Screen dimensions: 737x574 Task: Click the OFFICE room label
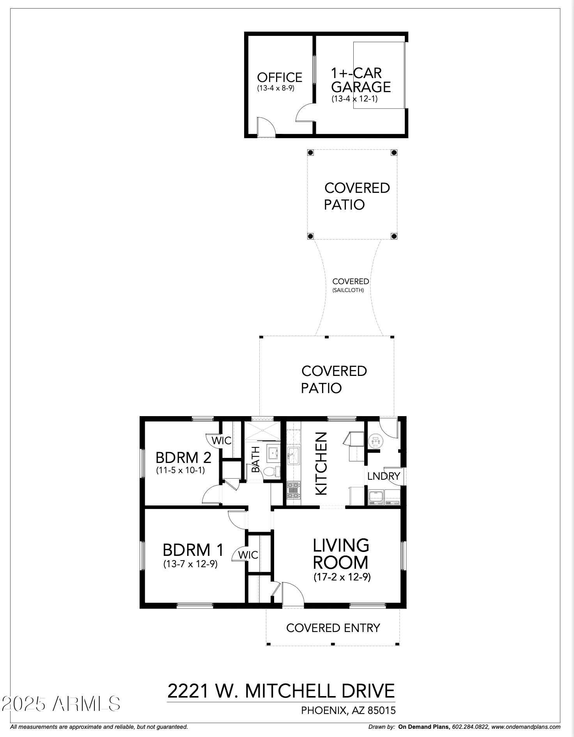pos(279,77)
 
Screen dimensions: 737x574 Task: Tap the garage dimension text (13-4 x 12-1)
pos(354,99)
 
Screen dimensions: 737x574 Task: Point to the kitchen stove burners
pos(293,490)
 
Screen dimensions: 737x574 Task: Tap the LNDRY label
pos(384,476)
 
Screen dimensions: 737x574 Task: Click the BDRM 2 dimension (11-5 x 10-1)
pos(180,470)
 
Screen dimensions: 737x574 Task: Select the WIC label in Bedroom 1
pos(248,555)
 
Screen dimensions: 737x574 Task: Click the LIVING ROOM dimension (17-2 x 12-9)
pos(342,577)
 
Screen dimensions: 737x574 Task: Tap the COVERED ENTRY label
pos(333,628)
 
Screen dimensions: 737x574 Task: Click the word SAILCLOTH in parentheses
pos(348,290)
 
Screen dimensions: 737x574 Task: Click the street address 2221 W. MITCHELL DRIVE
pos(281,691)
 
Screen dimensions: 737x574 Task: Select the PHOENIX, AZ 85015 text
pos(348,710)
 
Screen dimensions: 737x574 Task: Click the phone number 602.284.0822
pos(470,727)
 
